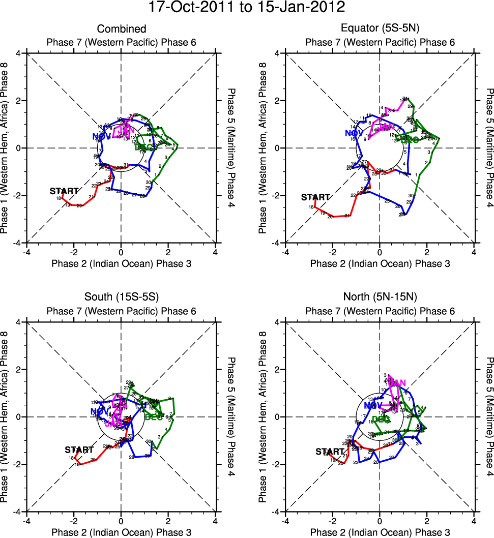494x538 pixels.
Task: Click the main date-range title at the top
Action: [247, 8]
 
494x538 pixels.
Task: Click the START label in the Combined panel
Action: [64, 191]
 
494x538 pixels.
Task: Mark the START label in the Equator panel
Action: [315, 197]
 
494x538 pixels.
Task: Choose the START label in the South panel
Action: [79, 450]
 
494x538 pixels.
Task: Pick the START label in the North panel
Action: [330, 452]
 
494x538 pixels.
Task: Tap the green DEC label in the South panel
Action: [154, 417]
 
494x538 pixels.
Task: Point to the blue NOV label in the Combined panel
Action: [101, 136]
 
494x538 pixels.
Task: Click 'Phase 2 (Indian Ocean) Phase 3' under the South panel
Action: [121, 532]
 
